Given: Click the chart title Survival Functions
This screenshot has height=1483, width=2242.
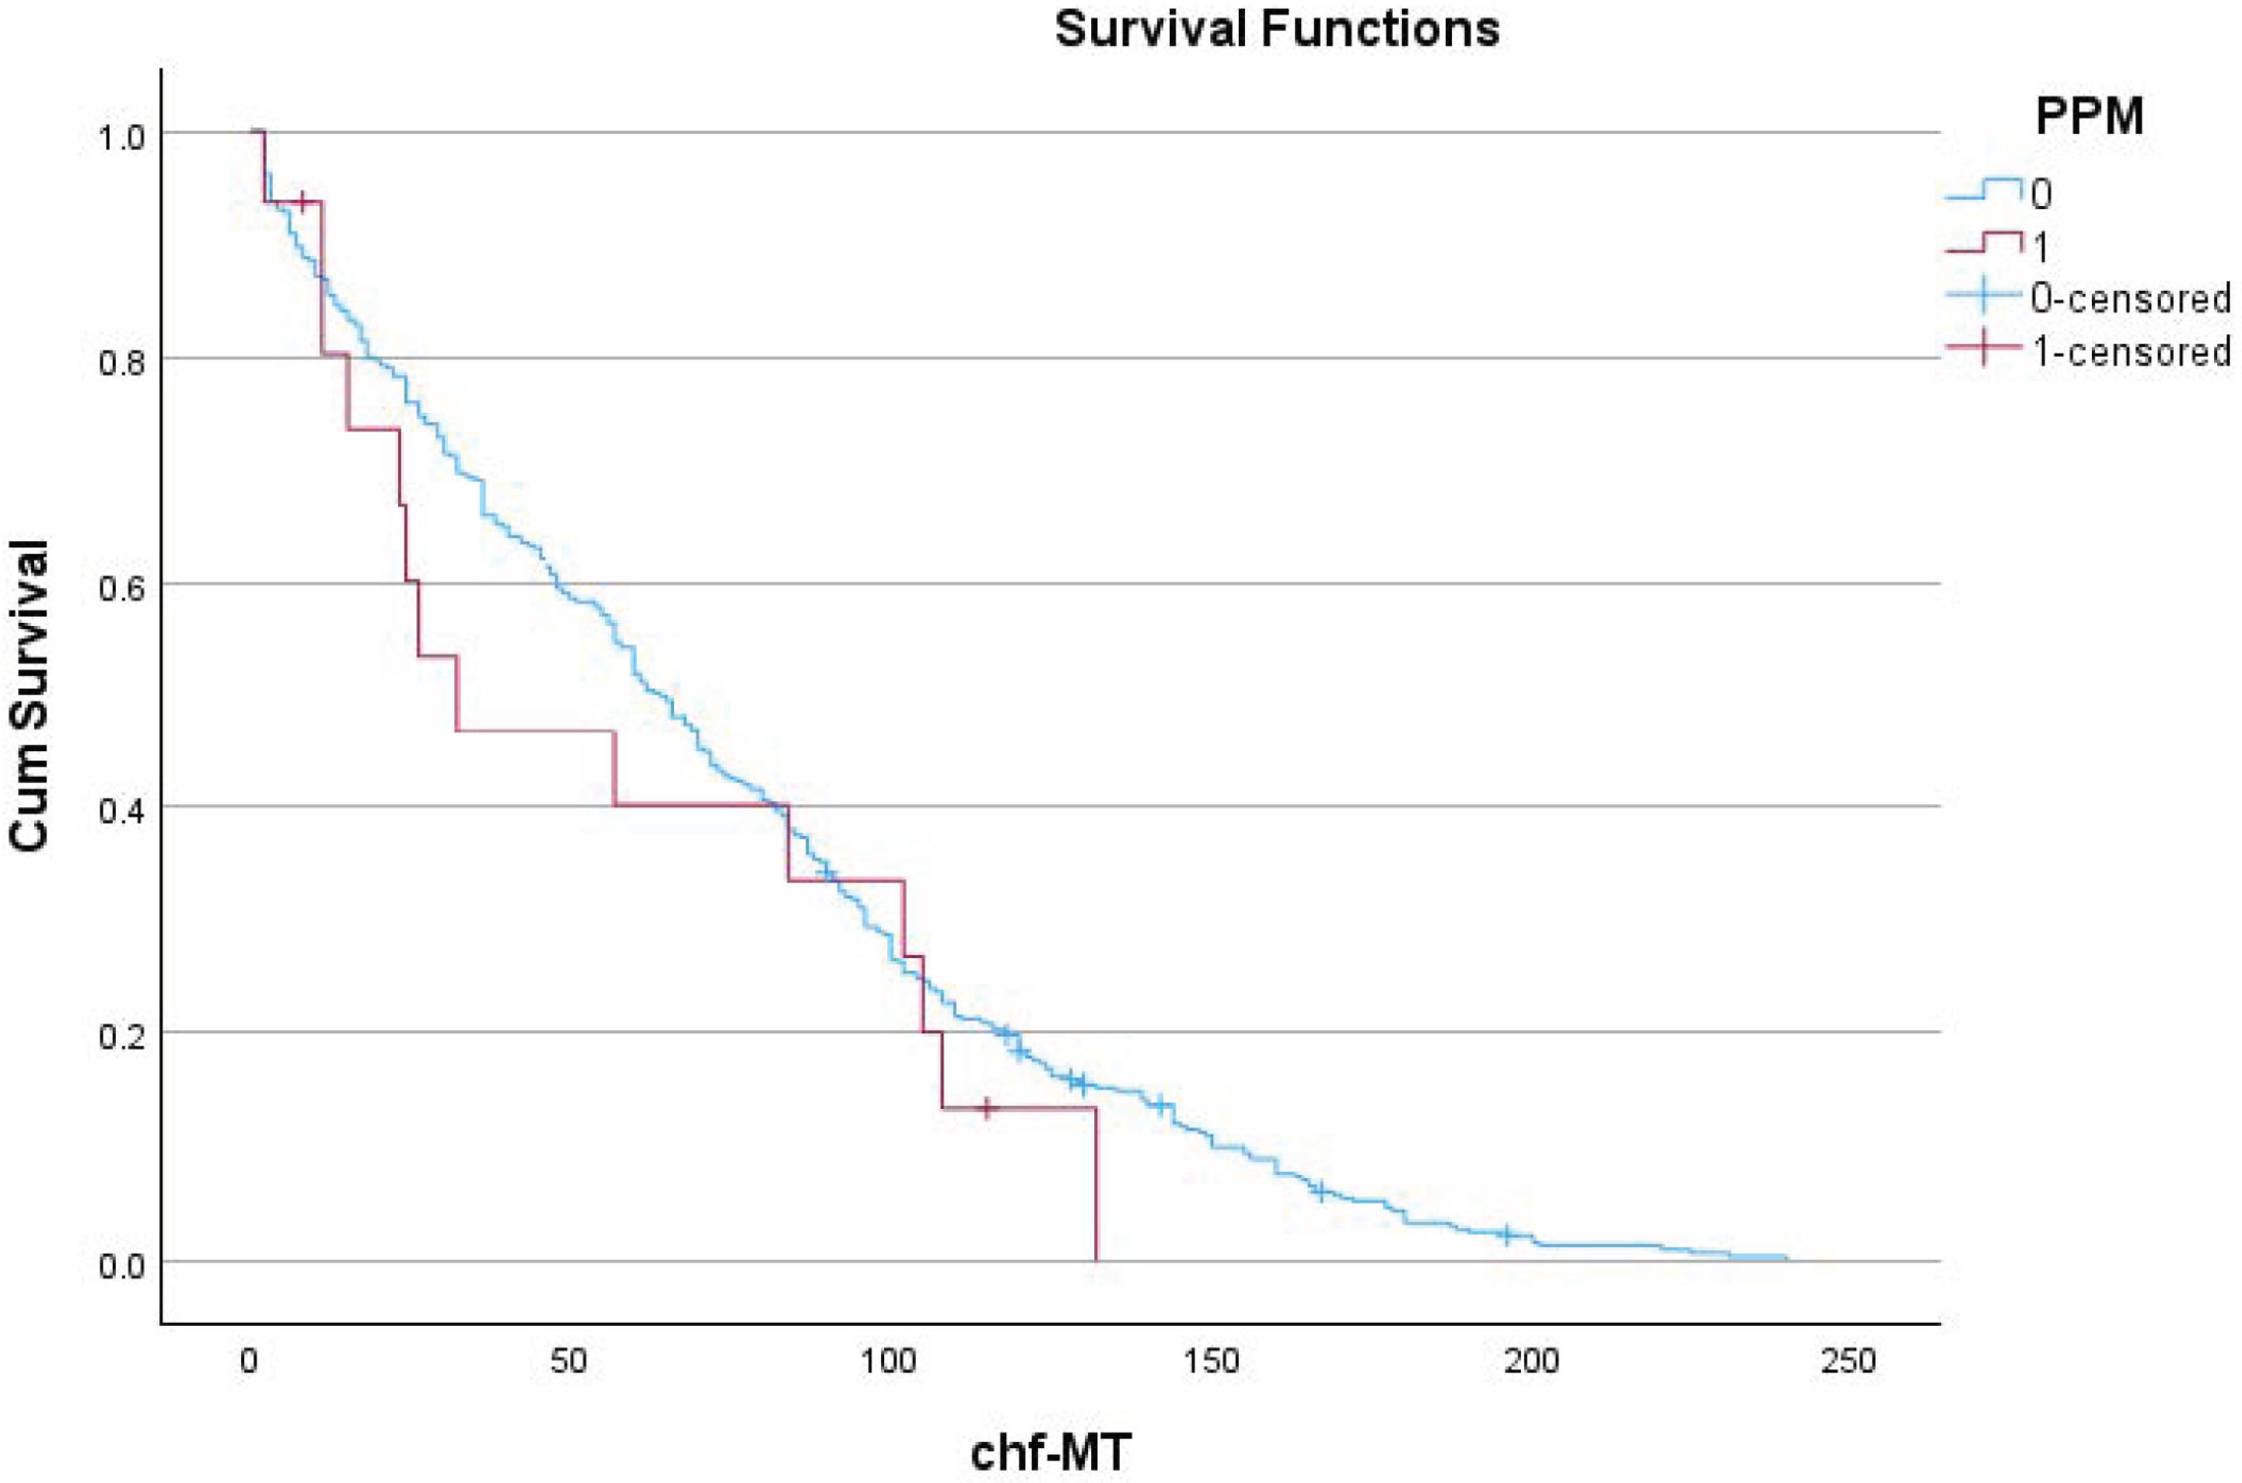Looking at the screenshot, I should [x=1277, y=30].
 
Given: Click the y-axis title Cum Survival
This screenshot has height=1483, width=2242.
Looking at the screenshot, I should [x=30, y=696].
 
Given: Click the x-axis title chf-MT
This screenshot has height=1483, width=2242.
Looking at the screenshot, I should [x=1050, y=1452].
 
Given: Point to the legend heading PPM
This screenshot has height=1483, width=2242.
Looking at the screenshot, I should [x=2089, y=117].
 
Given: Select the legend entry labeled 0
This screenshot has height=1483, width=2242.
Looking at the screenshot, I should [x=2041, y=195].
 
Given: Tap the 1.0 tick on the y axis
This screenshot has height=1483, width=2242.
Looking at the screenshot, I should [x=122, y=136].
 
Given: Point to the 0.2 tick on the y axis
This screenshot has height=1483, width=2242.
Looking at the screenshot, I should [x=122, y=1037].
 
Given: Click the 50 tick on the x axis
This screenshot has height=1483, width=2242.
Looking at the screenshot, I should [x=568, y=1361].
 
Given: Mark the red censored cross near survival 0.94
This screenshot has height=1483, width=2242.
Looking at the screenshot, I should [x=302, y=201].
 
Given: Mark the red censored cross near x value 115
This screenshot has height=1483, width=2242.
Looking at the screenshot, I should [x=987, y=1107].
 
